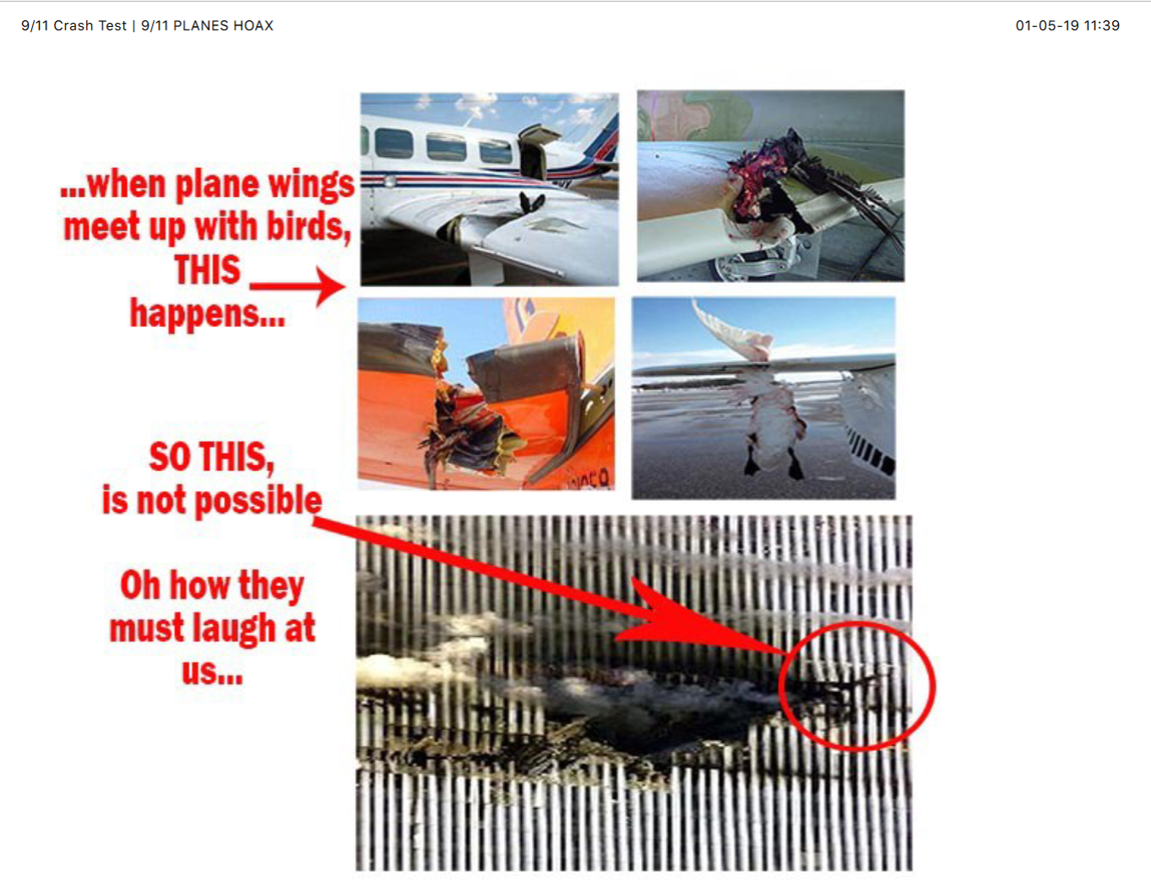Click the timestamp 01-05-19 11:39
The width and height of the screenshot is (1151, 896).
point(1067,25)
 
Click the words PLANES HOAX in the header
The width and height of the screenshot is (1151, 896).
point(223,25)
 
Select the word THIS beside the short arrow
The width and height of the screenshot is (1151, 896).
point(208,269)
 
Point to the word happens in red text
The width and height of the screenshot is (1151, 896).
point(207,313)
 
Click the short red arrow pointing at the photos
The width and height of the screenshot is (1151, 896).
point(297,286)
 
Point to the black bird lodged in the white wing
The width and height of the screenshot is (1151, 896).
point(531,203)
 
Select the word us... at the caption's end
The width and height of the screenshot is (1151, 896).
point(212,672)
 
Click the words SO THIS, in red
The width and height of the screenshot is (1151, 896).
point(211,457)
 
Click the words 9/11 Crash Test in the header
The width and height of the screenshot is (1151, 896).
point(73,25)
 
